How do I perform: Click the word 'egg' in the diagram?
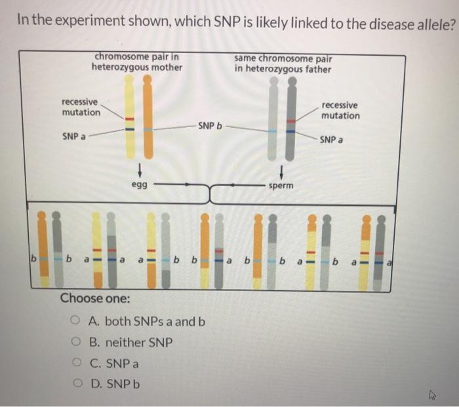pyautogui.click(x=138, y=186)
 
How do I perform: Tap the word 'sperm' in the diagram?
pyautogui.click(x=281, y=186)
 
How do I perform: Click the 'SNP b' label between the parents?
pyautogui.click(x=210, y=125)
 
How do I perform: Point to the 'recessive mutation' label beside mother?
pyautogui.click(x=81, y=107)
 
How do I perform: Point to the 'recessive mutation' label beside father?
pyautogui.click(x=340, y=110)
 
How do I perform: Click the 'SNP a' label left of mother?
pyautogui.click(x=75, y=137)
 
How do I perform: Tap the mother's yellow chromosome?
pyautogui.click(x=130, y=118)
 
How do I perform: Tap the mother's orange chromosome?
pyautogui.click(x=148, y=118)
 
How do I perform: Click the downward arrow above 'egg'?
pyautogui.click(x=139, y=172)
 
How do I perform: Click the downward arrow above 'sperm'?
pyautogui.click(x=281, y=172)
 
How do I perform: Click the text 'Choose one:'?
pyautogui.click(x=94, y=299)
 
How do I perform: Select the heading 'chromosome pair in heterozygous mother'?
pyautogui.click(x=137, y=62)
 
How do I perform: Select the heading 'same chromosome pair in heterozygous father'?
pyautogui.click(x=282, y=64)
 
